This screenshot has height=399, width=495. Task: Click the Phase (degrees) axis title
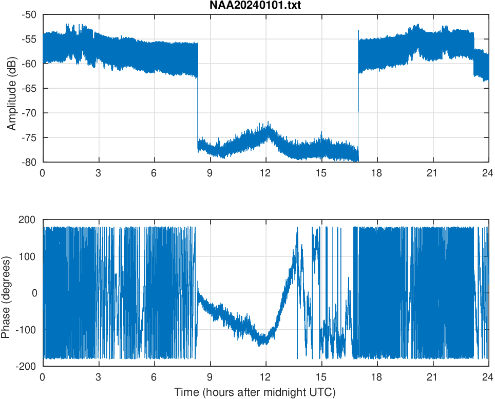(x=6, y=293)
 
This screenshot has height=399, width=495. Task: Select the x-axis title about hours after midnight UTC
(x=254, y=392)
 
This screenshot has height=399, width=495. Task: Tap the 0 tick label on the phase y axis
(x=34, y=293)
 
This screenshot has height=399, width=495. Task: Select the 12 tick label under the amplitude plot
(x=265, y=173)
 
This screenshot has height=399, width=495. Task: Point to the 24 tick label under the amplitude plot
(x=488, y=173)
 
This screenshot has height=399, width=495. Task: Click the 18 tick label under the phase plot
(x=377, y=377)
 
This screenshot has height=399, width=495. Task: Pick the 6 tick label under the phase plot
(x=154, y=377)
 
